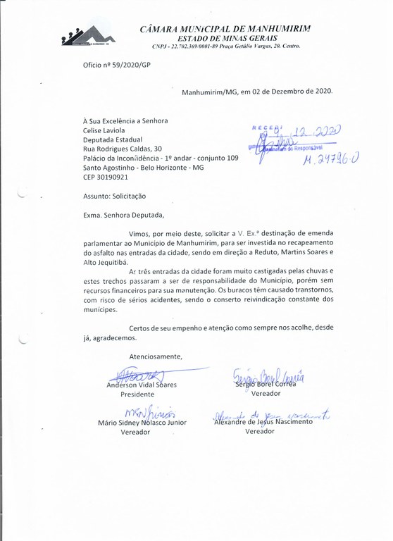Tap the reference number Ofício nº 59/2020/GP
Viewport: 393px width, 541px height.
116,65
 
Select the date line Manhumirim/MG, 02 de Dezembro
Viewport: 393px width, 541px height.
256,92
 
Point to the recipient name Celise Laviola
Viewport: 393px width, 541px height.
106,130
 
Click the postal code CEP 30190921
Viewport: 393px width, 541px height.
106,178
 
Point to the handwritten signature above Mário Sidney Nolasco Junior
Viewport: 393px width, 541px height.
144,411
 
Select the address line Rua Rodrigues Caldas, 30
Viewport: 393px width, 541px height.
122,149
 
